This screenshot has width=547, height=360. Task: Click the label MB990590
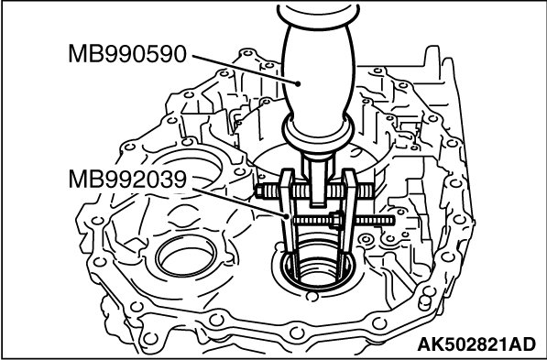tap(127, 54)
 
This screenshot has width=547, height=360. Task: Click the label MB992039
tap(127, 179)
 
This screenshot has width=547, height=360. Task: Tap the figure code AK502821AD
tap(476, 344)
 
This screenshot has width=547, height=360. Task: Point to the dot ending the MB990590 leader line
tap(298, 83)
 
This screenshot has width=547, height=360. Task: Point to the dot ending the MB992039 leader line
tap(287, 216)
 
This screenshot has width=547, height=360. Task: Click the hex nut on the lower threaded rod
tap(335, 220)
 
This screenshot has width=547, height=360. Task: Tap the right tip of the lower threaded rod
tap(394, 221)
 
